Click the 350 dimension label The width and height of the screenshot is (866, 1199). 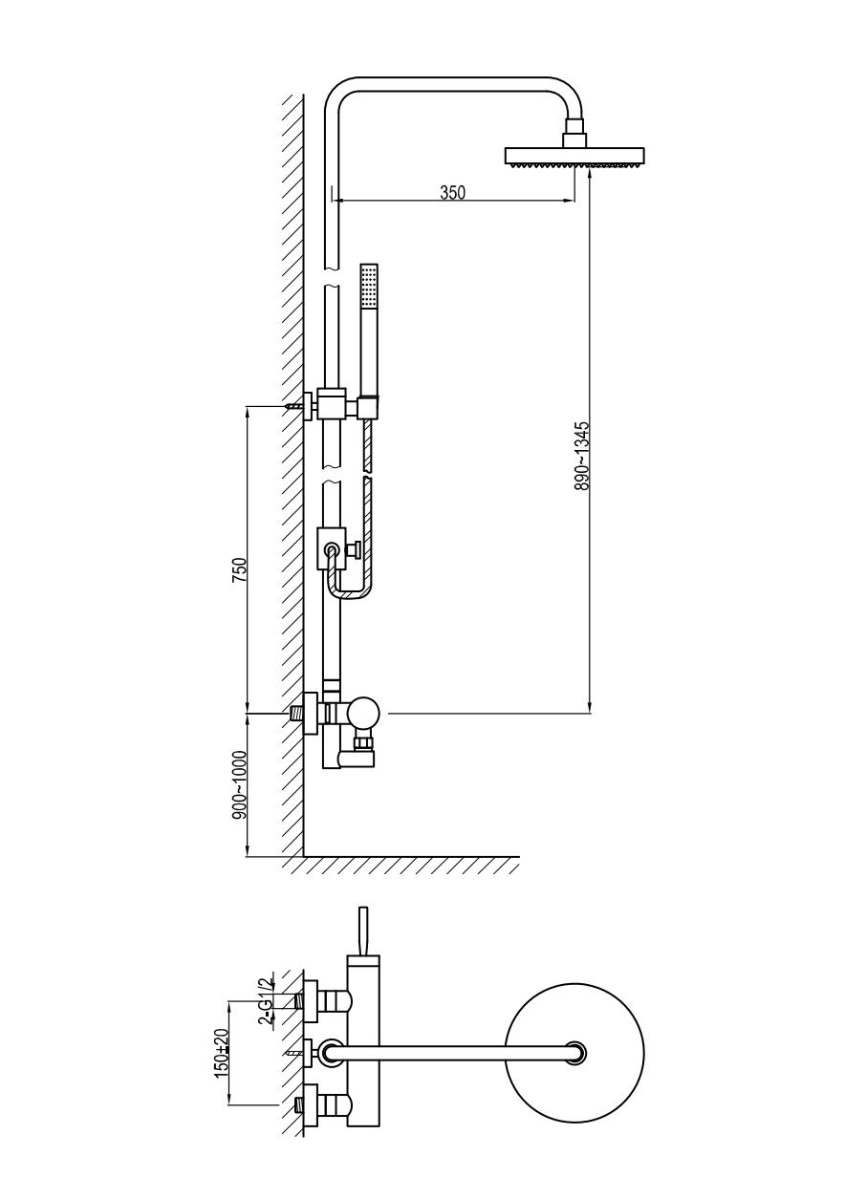click(452, 193)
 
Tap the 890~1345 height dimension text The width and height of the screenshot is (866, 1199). click(581, 456)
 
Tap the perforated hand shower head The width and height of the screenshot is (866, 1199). click(369, 285)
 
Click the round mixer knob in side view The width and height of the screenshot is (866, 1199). click(362, 713)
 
